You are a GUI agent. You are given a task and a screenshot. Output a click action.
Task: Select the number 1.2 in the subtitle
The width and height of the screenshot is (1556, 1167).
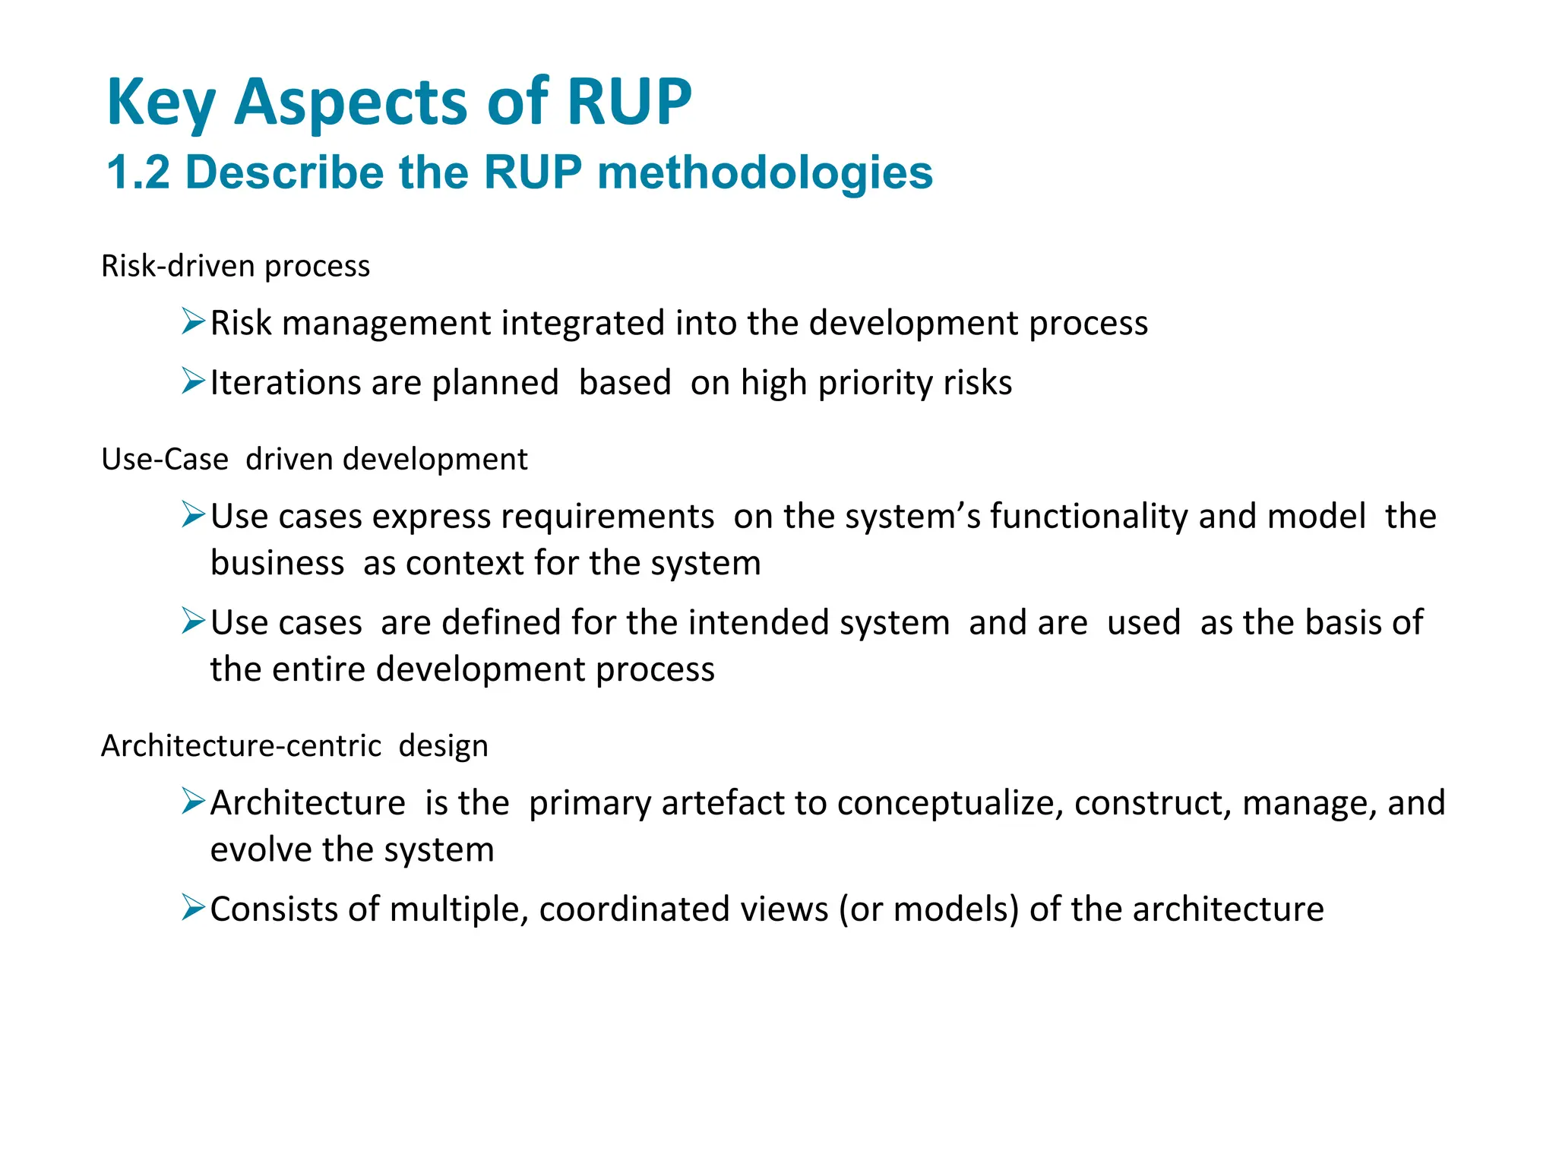138,172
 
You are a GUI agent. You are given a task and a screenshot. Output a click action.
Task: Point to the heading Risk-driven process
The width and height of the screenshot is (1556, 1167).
236,266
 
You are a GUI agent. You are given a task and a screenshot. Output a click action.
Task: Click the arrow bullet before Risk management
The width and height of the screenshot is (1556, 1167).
193,321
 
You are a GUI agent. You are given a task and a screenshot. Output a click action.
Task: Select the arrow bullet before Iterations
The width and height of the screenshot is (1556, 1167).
193,381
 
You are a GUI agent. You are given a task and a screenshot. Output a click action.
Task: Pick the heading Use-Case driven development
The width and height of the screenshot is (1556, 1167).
314,460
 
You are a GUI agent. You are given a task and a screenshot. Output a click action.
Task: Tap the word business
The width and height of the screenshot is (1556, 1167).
277,564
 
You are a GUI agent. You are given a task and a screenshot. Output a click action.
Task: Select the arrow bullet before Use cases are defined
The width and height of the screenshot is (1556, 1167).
193,621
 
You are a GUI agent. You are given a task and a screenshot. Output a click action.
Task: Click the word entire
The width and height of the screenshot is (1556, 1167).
318,669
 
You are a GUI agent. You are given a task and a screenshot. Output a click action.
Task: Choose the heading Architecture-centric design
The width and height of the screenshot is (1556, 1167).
294,746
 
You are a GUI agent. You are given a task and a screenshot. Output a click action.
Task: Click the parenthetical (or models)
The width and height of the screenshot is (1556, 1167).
928,909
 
